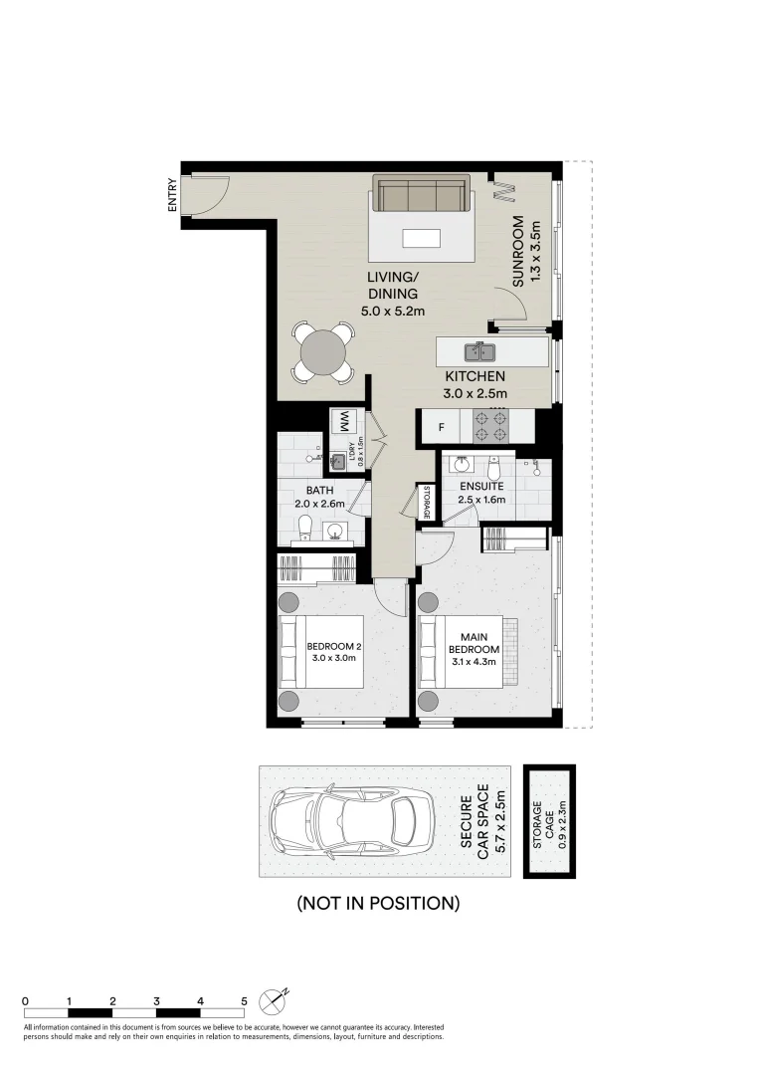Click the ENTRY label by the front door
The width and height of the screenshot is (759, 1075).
pyautogui.click(x=173, y=194)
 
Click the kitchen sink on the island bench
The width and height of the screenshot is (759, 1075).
pyautogui.click(x=479, y=350)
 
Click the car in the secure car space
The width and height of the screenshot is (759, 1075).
pyautogui.click(x=351, y=820)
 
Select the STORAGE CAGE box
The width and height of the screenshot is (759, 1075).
pyautogui.click(x=550, y=822)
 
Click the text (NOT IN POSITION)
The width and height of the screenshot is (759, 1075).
pyautogui.click(x=378, y=904)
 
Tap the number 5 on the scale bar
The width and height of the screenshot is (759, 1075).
pyautogui.click(x=244, y=1001)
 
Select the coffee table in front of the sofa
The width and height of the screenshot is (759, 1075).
pyautogui.click(x=420, y=238)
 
